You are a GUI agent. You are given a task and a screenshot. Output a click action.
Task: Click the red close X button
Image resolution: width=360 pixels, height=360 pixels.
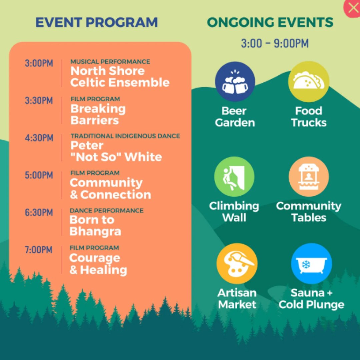point(352,8)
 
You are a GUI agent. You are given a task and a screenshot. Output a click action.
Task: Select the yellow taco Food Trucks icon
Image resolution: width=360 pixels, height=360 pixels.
point(308,82)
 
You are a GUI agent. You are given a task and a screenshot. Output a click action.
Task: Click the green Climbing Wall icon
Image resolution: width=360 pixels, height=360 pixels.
point(234,177)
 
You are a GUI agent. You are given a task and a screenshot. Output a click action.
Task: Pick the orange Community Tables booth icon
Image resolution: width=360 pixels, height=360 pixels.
point(309,177)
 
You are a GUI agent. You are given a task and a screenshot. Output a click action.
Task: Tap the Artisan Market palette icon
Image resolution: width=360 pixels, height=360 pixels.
point(237,263)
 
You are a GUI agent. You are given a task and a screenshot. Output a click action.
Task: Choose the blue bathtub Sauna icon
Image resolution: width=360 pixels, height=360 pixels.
point(311,263)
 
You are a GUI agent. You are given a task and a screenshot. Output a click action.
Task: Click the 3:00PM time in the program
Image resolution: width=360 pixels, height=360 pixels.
point(39,63)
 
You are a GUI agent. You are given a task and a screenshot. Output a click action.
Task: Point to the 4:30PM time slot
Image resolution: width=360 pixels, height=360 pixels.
point(39,138)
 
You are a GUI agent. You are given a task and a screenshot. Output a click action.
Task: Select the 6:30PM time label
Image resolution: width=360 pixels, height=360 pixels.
point(39,212)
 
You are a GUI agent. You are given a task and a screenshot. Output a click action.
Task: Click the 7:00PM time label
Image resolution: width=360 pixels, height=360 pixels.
point(39,250)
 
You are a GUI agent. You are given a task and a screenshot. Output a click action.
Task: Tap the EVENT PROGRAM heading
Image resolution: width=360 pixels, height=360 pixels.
point(97,23)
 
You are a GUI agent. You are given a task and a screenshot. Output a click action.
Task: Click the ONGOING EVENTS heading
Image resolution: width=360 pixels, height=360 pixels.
point(270,23)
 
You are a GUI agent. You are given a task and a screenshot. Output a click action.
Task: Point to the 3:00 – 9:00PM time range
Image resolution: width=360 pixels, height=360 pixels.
point(275,43)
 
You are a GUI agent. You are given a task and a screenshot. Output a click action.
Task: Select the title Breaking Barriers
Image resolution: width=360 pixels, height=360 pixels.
point(98,114)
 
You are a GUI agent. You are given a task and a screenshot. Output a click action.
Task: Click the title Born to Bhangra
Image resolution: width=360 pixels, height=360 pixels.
point(95,226)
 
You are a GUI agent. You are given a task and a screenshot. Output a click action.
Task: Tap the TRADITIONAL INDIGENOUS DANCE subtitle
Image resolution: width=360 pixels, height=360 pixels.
point(125,136)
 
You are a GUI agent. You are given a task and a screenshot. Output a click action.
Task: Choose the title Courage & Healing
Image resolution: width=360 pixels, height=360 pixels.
point(98,264)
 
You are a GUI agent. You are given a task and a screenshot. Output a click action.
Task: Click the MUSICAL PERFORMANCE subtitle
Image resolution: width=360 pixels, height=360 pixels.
point(110,62)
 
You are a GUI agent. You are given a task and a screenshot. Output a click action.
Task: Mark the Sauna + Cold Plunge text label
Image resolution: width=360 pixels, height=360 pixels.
point(311,299)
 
